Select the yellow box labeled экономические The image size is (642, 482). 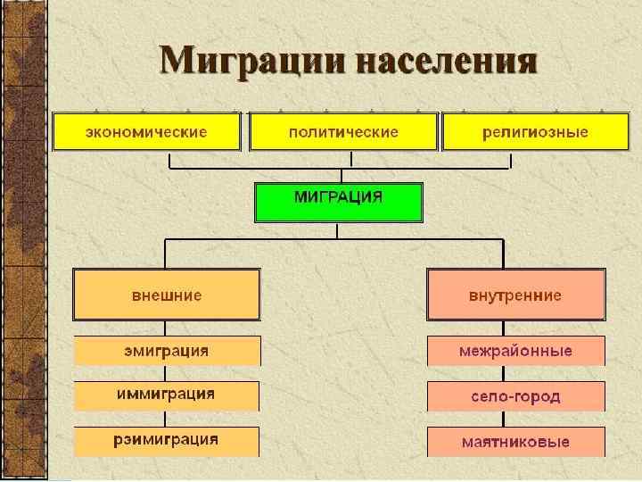click(146, 132)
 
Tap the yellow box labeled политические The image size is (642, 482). click(342, 132)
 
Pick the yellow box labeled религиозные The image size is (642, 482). click(536, 132)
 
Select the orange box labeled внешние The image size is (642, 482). click(167, 295)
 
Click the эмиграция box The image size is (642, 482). click(167, 351)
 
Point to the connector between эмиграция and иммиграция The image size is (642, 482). click(167, 373)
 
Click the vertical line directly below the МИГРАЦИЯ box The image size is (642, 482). click(337, 230)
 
